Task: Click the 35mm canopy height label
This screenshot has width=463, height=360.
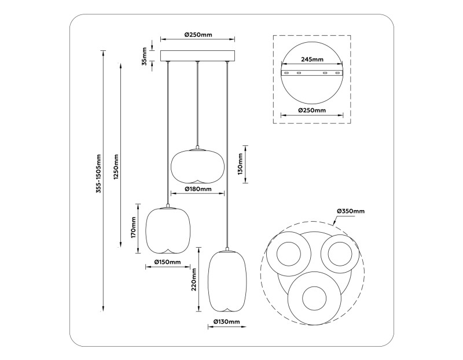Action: (x=145, y=56)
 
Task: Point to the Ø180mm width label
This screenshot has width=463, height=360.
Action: (x=198, y=189)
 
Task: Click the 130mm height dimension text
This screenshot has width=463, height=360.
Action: (x=239, y=164)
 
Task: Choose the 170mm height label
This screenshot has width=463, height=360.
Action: (x=133, y=228)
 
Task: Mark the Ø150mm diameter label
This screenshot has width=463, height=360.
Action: (x=168, y=262)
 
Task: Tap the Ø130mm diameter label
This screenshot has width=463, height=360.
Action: (x=226, y=321)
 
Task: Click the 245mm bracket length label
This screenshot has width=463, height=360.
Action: (x=311, y=59)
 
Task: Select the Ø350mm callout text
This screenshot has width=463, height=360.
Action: (x=351, y=212)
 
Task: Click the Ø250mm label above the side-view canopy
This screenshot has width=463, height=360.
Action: (x=198, y=35)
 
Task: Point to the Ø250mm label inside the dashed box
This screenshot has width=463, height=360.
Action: (x=311, y=110)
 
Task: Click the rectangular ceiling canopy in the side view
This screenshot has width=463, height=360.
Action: (x=198, y=56)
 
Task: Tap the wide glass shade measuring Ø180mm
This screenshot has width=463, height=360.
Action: (x=198, y=165)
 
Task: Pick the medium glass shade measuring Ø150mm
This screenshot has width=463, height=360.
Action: (x=168, y=230)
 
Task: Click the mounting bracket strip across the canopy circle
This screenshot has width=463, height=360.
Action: (x=311, y=73)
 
